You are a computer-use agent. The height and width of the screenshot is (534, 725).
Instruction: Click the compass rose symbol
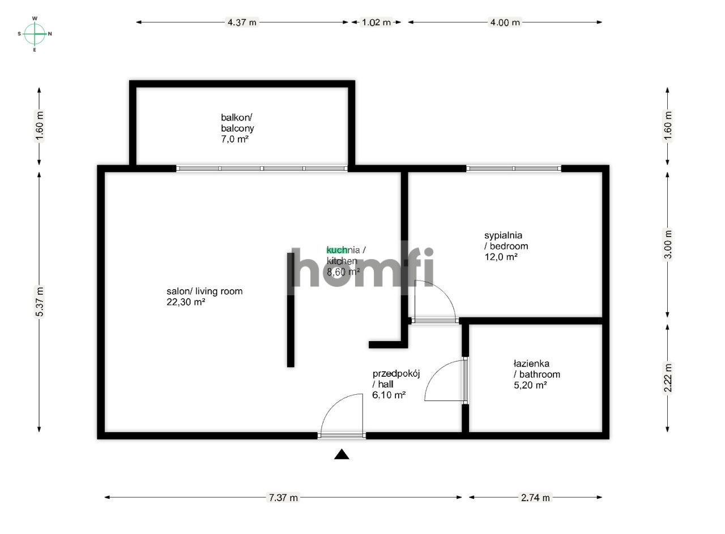click(x=35, y=34)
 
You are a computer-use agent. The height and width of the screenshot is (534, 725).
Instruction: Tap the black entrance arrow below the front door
click(x=342, y=454)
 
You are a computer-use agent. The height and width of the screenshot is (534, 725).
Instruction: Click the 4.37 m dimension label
click(x=242, y=23)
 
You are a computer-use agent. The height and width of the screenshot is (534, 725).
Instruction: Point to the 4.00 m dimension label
click(x=505, y=23)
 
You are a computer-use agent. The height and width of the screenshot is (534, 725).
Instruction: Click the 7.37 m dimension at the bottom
click(x=283, y=498)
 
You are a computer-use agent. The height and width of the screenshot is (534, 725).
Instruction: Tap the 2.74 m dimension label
click(x=535, y=498)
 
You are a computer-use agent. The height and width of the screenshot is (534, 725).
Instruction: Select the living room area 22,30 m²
click(x=185, y=302)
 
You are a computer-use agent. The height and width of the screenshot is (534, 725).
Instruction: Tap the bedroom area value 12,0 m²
click(x=501, y=257)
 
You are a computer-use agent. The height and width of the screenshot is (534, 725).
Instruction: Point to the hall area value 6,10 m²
click(x=389, y=395)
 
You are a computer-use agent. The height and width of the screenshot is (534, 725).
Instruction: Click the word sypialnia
click(x=503, y=235)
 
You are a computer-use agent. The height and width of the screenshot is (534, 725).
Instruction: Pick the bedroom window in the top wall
click(x=514, y=168)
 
